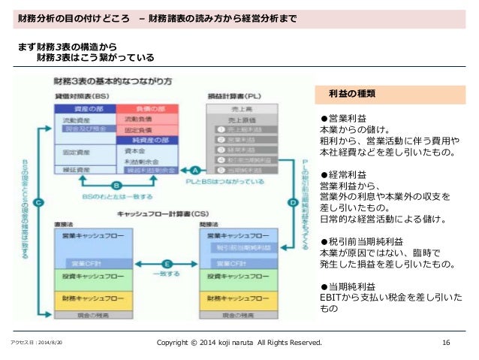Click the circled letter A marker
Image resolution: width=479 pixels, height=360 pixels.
coord(194,170)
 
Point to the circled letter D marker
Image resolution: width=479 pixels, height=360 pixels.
coord(292,201)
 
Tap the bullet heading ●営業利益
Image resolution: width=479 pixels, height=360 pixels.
coord(343,118)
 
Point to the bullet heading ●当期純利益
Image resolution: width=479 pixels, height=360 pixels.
coord(348,286)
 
